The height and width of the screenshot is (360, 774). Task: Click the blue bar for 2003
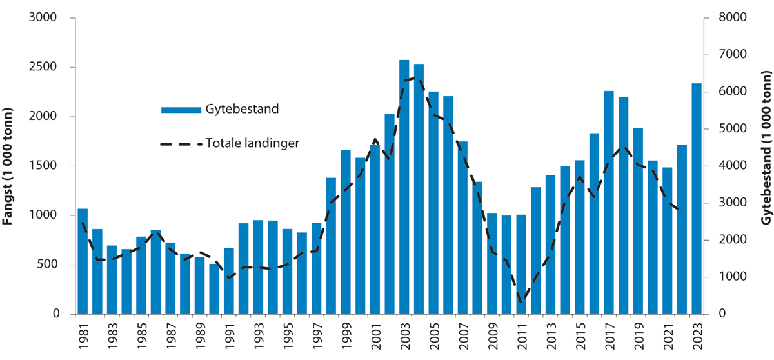click(x=404, y=187)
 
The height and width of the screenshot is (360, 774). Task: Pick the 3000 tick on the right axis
click(x=732, y=203)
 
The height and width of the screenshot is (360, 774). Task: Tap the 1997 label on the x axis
click(x=317, y=336)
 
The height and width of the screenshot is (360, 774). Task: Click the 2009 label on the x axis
click(x=492, y=336)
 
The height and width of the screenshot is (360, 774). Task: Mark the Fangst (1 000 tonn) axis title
click(x=9, y=166)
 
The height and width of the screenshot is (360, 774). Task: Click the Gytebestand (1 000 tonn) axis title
click(x=766, y=166)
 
